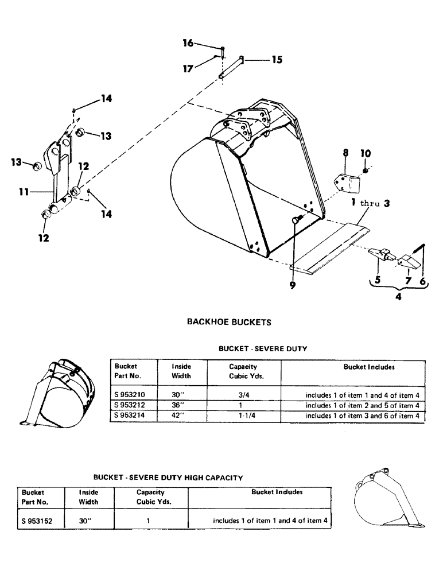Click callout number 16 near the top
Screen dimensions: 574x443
pos(188,43)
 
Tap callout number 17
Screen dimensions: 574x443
pos(188,68)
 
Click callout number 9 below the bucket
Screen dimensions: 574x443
pos(293,285)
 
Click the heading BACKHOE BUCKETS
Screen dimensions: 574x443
pos(229,323)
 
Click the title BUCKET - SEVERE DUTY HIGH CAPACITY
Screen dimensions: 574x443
pos(168,477)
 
